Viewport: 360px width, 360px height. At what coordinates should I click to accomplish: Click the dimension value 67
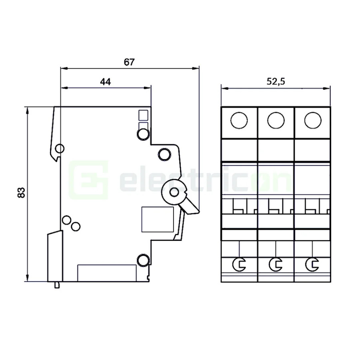pos(129,62)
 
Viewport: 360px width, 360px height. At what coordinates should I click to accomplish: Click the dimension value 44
pos(105,82)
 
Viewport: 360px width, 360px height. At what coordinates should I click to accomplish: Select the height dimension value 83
pos(22,192)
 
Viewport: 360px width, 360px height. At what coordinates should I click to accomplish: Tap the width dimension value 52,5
pos(276,82)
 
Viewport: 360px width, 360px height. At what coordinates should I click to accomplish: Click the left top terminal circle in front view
pos(239,120)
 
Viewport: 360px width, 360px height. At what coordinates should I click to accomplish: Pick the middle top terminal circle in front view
pos(276,120)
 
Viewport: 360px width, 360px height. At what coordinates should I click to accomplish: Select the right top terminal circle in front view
pos(312,120)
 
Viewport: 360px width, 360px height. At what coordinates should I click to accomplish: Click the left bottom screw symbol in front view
pos(239,264)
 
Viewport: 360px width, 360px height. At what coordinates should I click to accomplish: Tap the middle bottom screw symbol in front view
pos(276,264)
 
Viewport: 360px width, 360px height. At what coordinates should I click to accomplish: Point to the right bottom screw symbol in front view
pos(312,264)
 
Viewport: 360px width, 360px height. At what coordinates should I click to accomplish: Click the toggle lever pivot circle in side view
pos(174,193)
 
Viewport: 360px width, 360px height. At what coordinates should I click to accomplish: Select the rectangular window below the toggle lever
pos(158,219)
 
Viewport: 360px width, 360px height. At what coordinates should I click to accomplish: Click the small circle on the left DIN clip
pos(59,149)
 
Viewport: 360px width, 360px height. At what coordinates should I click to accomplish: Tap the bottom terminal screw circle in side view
pos(142,260)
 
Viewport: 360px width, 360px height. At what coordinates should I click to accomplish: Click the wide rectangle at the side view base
pos(106,273)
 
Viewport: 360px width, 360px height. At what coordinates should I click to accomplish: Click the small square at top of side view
pos(142,115)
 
